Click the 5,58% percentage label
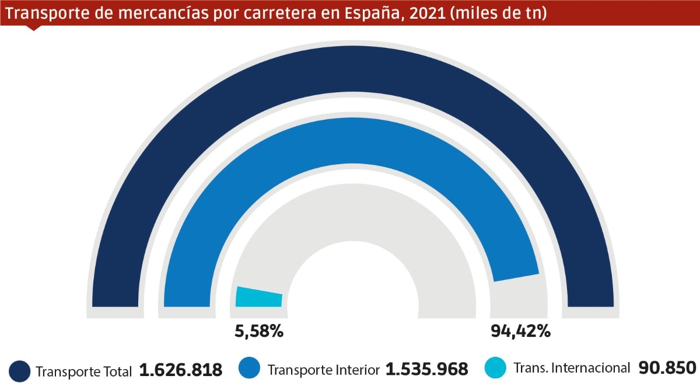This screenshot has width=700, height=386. click(x=258, y=332)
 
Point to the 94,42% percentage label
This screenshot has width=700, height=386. click(x=520, y=332)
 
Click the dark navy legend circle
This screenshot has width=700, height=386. click(x=19, y=370)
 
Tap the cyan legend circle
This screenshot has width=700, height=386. click(x=496, y=368)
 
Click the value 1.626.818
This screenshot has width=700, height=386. click(x=181, y=370)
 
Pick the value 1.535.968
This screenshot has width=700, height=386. click(x=427, y=370)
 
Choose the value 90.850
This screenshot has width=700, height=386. click(x=667, y=368)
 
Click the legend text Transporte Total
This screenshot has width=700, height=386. click(x=85, y=371)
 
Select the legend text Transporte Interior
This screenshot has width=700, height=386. click(x=324, y=370)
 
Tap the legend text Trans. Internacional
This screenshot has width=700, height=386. click(x=572, y=368)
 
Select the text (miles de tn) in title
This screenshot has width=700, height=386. click(x=501, y=13)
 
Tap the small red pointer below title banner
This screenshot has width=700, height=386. click(x=34, y=27)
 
